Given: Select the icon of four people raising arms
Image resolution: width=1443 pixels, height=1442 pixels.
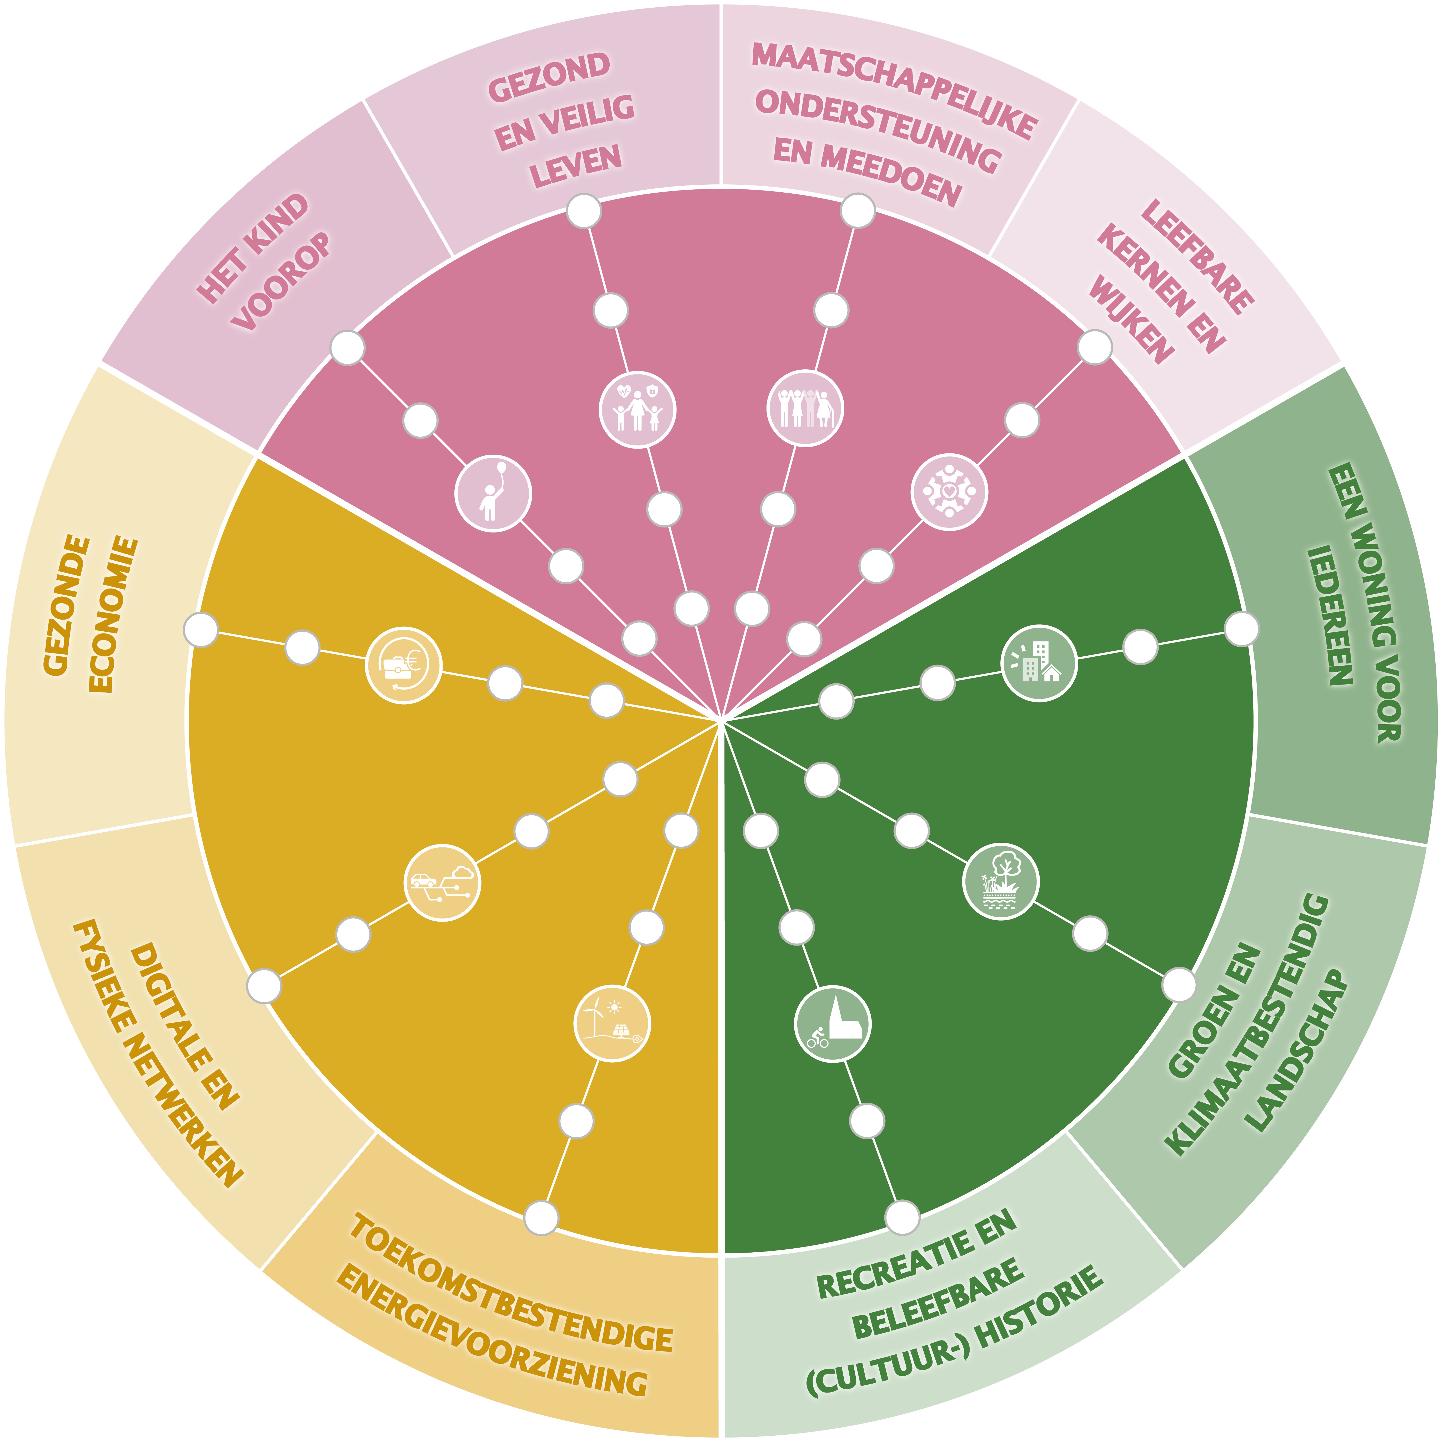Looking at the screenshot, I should click(x=805, y=409).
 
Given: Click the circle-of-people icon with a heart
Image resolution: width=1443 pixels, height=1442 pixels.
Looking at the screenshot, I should click(x=949, y=492).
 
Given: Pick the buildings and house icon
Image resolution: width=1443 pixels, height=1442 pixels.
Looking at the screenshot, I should click(x=1038, y=662).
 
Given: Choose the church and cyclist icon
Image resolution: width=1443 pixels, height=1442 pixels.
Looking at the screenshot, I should click(x=832, y=1024).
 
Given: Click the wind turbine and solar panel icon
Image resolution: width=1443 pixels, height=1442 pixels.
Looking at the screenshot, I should click(x=612, y=1024).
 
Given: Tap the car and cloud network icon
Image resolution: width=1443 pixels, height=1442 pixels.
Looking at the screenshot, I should click(x=442, y=883).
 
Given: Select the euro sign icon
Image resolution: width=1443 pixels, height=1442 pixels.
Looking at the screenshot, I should click(x=403, y=665).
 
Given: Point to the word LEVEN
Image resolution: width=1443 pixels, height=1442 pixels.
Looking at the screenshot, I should click(x=575, y=166).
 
